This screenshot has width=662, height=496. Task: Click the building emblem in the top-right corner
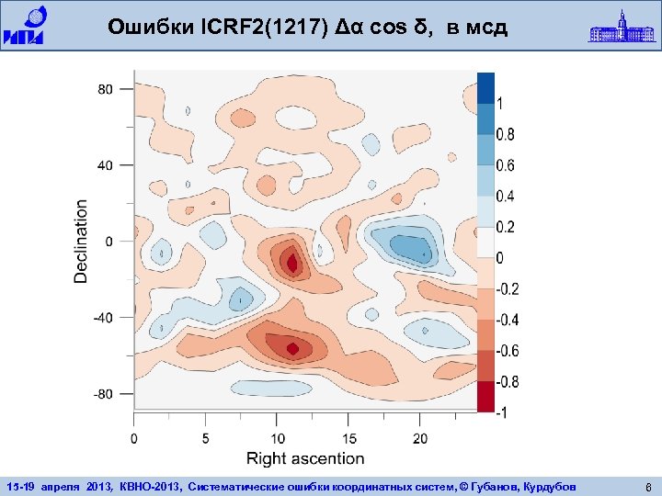coord(621,26)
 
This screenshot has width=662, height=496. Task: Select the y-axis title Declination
coord(82,241)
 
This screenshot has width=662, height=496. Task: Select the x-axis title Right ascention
coord(305,458)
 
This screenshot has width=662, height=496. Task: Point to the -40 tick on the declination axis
coord(102,318)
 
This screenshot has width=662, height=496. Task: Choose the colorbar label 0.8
coord(506,135)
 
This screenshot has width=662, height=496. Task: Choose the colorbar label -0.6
coord(508,351)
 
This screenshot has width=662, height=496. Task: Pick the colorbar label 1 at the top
coord(500,104)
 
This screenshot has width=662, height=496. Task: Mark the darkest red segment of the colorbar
coord(485,396)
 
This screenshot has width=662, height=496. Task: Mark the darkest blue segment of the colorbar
coord(485,88)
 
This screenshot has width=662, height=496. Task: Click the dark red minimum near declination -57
coord(292,348)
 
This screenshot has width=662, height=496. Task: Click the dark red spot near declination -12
coord(292,264)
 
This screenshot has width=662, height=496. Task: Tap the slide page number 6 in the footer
coord(648,486)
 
